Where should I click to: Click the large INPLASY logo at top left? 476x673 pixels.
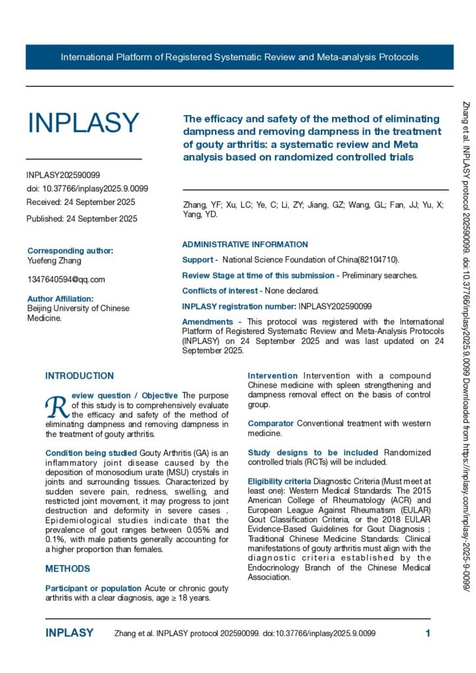[x=83, y=123]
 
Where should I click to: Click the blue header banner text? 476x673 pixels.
[x=239, y=57]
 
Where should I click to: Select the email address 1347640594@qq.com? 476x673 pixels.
[x=66, y=279]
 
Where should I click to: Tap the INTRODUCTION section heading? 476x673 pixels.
[x=80, y=376]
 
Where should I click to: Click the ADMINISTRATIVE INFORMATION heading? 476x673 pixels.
[x=245, y=244]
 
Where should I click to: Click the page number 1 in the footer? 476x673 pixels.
[x=428, y=633]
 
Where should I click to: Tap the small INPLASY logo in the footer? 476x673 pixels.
[x=69, y=633]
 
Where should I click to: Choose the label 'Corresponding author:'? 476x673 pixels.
[x=70, y=250]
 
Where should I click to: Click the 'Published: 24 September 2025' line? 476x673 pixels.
[x=82, y=219]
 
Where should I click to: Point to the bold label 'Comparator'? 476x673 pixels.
[x=271, y=423]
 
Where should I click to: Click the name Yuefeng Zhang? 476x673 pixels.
[x=54, y=260]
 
